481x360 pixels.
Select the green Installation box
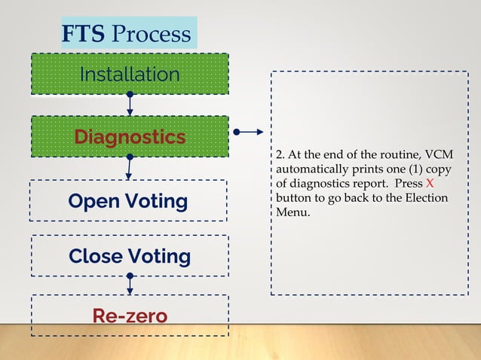tap(129, 74)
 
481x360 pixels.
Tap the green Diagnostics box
tap(129, 136)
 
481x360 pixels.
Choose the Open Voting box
tap(127, 201)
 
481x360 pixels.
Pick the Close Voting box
tap(129, 256)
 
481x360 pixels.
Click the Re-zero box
tap(129, 315)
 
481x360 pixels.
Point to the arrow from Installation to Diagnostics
tap(130, 105)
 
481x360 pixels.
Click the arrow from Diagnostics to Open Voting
tap(130, 168)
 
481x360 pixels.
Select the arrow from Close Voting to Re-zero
tap(130, 285)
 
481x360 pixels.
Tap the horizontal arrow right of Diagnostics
tap(248, 132)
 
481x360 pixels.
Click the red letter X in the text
tap(430, 184)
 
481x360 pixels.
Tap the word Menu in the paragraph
tap(293, 212)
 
